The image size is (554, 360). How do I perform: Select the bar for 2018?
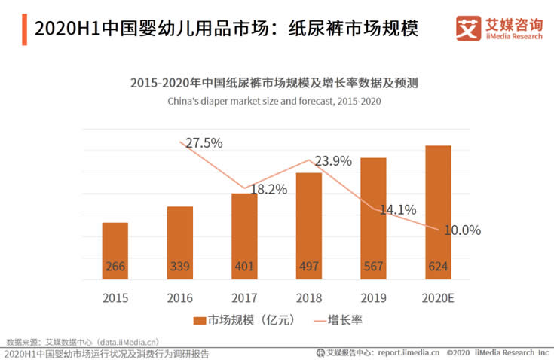pyautogui.click(x=309, y=226)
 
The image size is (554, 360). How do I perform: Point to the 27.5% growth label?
pyautogui.click(x=204, y=143)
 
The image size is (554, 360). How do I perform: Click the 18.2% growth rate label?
pyautogui.click(x=268, y=190)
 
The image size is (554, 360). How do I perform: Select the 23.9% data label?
pyautogui.click(x=333, y=160)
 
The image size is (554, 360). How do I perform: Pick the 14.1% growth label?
pyautogui.click(x=396, y=211)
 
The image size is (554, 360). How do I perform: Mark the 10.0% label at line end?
pyautogui.click(x=462, y=230)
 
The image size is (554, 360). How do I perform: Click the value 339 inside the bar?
pyautogui.click(x=179, y=267)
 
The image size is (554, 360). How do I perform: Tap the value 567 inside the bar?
pyautogui.click(x=373, y=267)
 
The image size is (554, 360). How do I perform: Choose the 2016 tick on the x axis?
pyautogui.click(x=179, y=297)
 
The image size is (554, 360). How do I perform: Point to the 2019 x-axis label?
pyautogui.click(x=373, y=297)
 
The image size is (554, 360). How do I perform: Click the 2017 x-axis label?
pyautogui.click(x=244, y=297)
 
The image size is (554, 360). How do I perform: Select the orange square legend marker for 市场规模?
pyautogui.click(x=199, y=321)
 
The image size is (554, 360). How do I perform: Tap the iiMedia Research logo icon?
pyautogui.click(x=468, y=29)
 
